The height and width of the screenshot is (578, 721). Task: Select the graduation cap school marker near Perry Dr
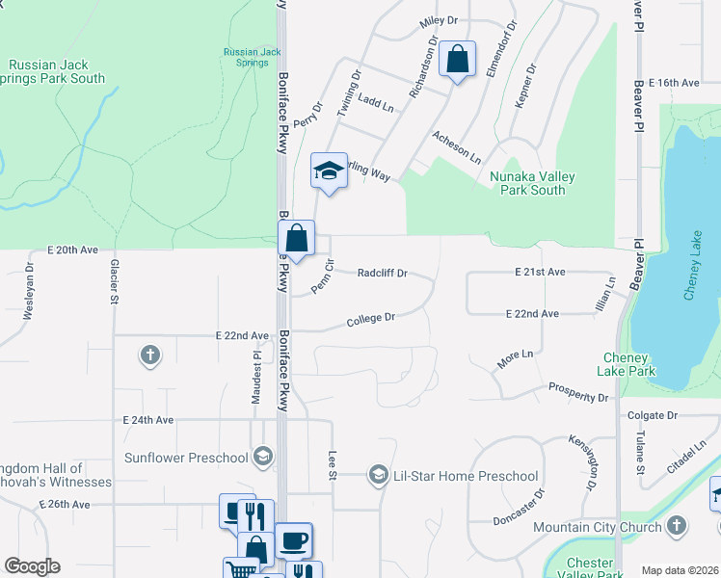pos(329,171)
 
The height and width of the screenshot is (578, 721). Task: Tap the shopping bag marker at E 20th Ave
pos(297,237)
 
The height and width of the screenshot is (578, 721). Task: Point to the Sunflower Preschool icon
pos(261,457)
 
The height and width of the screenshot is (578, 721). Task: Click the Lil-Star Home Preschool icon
pos(378,475)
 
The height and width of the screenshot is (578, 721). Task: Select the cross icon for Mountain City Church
pos(677,527)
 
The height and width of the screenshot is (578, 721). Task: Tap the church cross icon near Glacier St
pos(149,355)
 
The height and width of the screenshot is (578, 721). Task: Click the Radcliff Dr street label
pos(382,273)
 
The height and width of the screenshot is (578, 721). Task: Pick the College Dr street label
pos(371,317)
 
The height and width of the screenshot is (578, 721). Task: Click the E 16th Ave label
pos(674,84)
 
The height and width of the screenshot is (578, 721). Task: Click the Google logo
pos(32,566)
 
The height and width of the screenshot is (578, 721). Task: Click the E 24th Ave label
pos(148,420)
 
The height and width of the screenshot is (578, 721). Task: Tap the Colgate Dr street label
pos(653,415)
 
